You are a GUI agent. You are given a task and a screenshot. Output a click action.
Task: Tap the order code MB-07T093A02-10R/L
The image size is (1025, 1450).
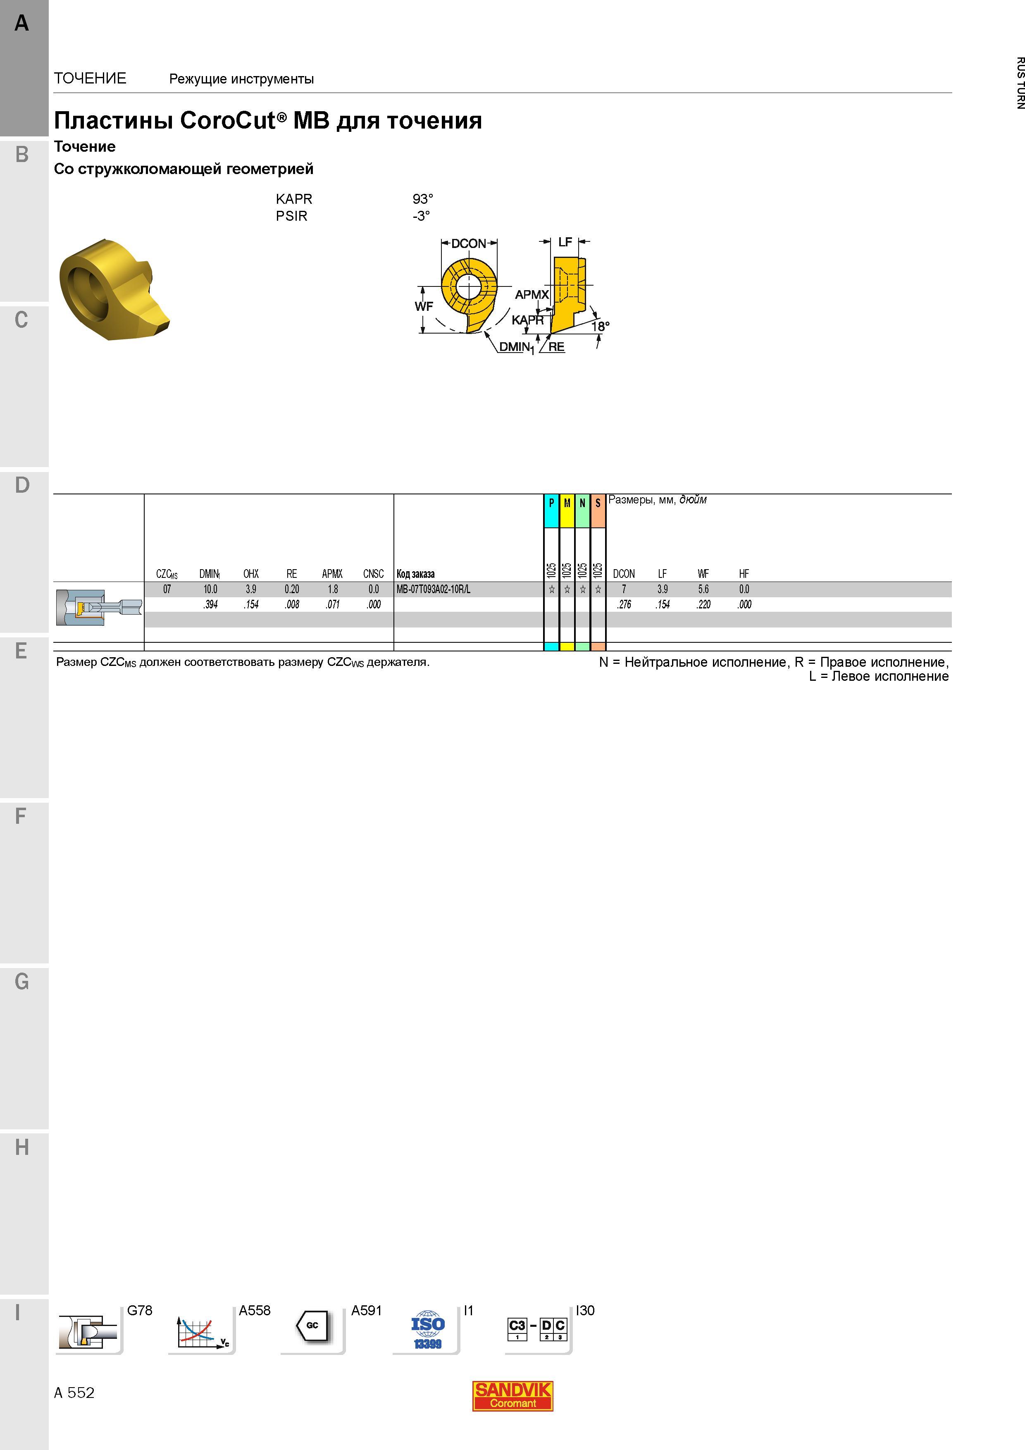click(433, 589)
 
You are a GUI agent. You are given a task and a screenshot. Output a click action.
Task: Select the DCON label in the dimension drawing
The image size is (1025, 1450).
click(469, 243)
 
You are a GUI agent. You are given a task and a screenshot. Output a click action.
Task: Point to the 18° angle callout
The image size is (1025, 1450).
click(601, 326)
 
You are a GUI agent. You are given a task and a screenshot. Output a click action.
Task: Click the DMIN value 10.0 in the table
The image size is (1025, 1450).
click(210, 589)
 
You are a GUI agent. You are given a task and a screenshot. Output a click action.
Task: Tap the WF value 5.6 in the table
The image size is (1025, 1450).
click(703, 589)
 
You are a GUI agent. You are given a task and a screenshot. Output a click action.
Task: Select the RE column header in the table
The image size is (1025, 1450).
click(292, 573)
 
